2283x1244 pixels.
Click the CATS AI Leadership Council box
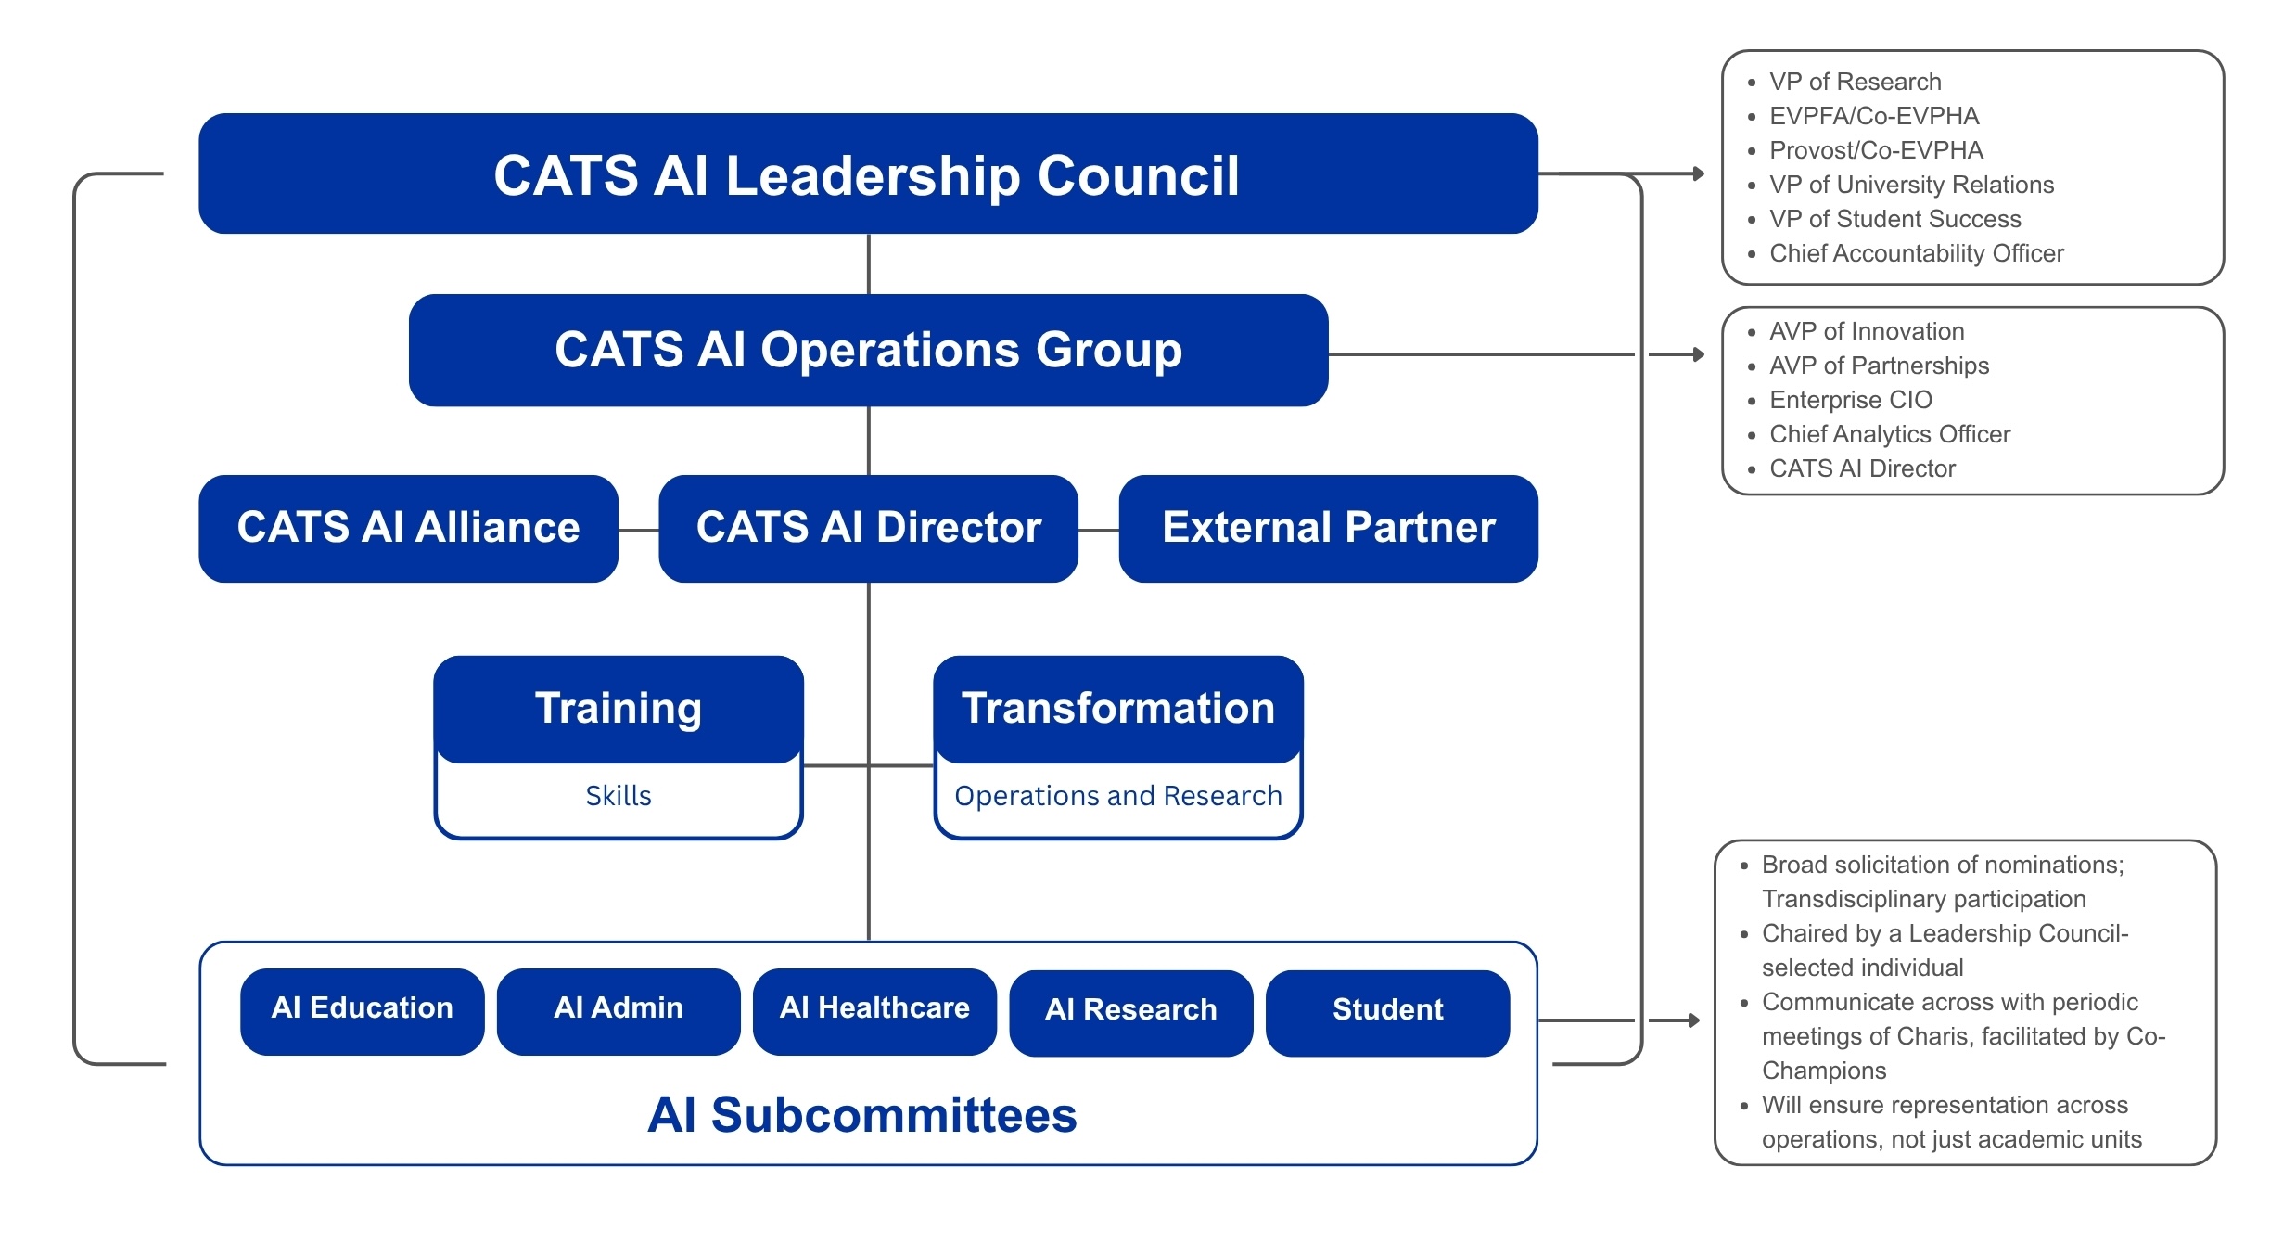click(x=867, y=174)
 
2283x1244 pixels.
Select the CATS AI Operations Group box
click(x=868, y=351)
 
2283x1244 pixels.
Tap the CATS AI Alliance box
click(x=408, y=528)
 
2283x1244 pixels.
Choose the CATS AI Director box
click(x=868, y=528)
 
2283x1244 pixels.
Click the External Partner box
click(x=1328, y=528)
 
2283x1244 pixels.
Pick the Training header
click(x=618, y=709)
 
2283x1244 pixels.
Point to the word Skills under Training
click(x=618, y=796)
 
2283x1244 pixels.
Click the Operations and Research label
click(x=1117, y=796)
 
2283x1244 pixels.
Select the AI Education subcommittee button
click(x=362, y=1008)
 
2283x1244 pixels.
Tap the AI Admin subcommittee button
click(x=618, y=1008)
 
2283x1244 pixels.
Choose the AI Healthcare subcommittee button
click(x=874, y=1008)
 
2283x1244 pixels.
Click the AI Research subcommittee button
click(x=1130, y=1010)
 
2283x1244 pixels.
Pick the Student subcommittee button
click(x=1387, y=1010)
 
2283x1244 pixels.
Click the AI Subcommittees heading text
click(x=862, y=1115)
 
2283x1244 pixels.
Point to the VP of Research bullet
click(x=1855, y=83)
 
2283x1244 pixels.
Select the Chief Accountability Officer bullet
click(x=1916, y=254)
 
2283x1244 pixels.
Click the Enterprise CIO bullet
click(x=1850, y=401)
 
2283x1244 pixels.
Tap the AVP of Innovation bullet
click(x=1866, y=332)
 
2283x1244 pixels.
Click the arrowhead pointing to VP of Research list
click(x=1699, y=173)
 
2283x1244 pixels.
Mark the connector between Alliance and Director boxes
click(x=638, y=531)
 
